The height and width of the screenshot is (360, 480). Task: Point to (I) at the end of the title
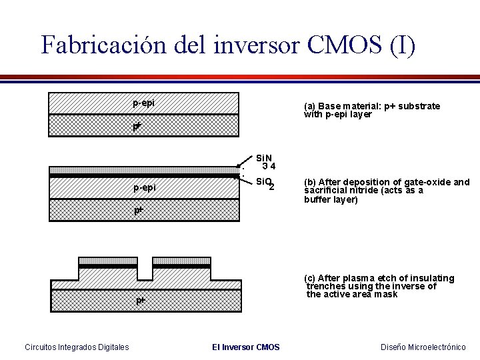click(x=401, y=45)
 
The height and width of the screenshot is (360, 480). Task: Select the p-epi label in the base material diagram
click(x=144, y=103)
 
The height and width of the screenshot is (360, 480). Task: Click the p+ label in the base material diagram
click(x=137, y=125)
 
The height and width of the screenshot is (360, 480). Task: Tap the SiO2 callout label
click(x=265, y=183)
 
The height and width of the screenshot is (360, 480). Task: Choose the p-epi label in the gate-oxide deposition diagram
click(x=144, y=187)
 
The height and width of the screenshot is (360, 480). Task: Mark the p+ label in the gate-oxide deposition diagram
click(x=137, y=210)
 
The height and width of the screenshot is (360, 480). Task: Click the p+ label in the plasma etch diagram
click(x=141, y=301)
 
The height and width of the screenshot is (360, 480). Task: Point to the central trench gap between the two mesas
click(x=145, y=272)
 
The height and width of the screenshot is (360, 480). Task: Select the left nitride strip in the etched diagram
click(x=108, y=260)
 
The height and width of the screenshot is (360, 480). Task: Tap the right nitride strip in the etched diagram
click(x=181, y=260)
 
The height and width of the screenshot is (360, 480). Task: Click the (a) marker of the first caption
click(x=309, y=107)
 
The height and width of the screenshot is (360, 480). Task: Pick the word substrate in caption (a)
click(x=417, y=107)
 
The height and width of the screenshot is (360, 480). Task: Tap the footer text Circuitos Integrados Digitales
click(x=77, y=347)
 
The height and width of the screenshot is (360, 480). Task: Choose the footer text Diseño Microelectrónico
click(x=423, y=347)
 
